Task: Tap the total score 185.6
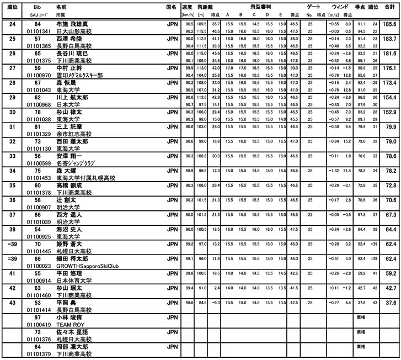coord(389,25)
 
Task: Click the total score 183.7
coord(389,40)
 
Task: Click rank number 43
coord(12,303)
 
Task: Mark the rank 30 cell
coord(12,112)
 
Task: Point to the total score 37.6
coord(389,303)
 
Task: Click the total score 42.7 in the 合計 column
coord(389,288)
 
